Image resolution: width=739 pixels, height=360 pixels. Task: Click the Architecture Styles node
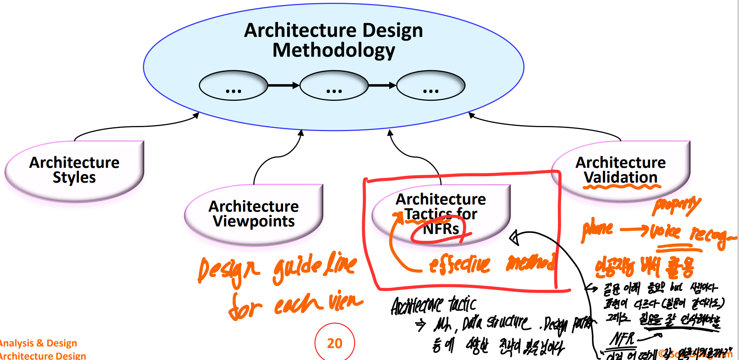pos(75,171)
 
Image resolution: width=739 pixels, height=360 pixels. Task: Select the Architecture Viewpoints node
pos(254,214)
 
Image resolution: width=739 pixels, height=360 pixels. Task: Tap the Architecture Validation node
pos(621,171)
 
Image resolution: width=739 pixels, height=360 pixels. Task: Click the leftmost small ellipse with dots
pos(233,85)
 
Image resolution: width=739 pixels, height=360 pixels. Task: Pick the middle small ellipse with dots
pos(334,85)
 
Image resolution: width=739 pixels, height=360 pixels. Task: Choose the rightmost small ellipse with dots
pos(431,85)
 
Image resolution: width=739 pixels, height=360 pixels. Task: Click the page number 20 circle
pos(335,343)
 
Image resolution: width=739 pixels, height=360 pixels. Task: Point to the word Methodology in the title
pos(334,51)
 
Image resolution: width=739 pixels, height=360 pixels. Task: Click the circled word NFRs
pos(441,229)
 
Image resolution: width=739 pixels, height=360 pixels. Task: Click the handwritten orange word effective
pos(459,264)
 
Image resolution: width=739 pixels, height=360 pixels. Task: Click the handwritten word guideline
pos(315,266)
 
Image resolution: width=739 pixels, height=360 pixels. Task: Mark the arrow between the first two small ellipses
pos(284,85)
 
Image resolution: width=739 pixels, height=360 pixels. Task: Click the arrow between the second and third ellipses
pos(382,85)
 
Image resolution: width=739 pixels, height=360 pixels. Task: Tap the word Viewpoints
pos(254,221)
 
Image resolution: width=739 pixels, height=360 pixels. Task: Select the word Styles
pos(75,178)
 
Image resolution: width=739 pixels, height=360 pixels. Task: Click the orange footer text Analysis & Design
pos(38,343)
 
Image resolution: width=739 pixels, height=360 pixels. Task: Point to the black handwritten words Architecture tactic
pos(434,305)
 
